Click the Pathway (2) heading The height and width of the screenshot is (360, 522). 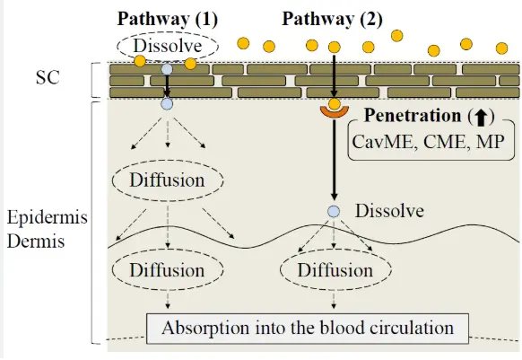(x=328, y=19)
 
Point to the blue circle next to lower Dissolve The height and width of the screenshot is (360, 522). (x=334, y=212)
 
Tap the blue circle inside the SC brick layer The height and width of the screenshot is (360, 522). (x=166, y=68)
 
